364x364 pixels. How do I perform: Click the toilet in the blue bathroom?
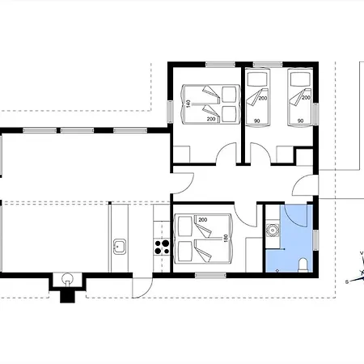pyautogui.click(x=303, y=265)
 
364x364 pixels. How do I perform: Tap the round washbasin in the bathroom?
pyautogui.click(x=273, y=231)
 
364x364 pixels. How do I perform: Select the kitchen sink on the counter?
pyautogui.click(x=119, y=246)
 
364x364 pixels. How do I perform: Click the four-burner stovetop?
pyautogui.click(x=162, y=248)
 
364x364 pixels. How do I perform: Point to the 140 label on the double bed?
pyautogui.click(x=188, y=104)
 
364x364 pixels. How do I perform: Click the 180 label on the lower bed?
pyautogui.click(x=226, y=238)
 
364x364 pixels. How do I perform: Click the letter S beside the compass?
pyautogui.click(x=347, y=282)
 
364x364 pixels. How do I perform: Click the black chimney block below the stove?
pyautogui.click(x=67, y=297)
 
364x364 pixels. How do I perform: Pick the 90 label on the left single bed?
pyautogui.click(x=257, y=121)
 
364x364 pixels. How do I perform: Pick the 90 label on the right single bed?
pyautogui.click(x=300, y=121)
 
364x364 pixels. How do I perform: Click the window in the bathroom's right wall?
pyautogui.click(x=315, y=240)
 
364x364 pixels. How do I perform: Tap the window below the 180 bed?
pyautogui.click(x=210, y=275)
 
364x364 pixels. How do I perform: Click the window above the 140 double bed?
pyautogui.click(x=221, y=65)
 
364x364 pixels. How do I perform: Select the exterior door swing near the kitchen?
pyautogui.click(x=142, y=288)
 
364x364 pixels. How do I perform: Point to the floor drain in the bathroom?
pyautogui.click(x=277, y=270)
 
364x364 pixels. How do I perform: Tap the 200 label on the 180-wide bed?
pyautogui.click(x=203, y=220)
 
